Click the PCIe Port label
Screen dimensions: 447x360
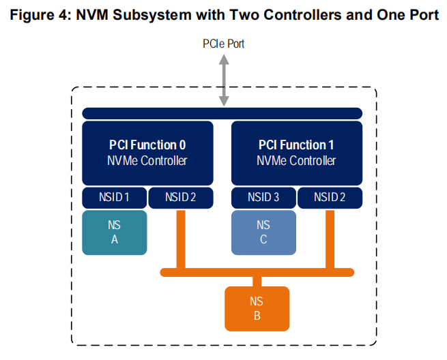(x=223, y=44)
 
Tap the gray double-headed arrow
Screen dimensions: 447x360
(x=224, y=80)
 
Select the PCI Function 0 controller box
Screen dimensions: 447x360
(x=147, y=153)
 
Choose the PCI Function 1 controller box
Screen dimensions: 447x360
(x=297, y=153)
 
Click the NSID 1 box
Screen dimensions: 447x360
(x=115, y=198)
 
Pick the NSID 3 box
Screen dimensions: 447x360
(x=263, y=198)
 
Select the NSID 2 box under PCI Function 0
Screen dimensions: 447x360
(x=181, y=198)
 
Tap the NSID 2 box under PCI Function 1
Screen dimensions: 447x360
(x=330, y=198)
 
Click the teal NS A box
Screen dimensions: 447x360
(x=115, y=232)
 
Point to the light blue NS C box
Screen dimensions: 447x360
(x=263, y=232)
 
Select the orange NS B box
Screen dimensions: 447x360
(x=257, y=309)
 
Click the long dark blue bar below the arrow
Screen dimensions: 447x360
(x=222, y=113)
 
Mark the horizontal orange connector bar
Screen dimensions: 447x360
(x=257, y=272)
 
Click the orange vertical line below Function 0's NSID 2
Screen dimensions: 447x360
(x=181, y=239)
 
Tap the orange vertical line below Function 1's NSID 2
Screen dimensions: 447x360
(x=330, y=239)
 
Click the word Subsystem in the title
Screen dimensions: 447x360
(x=152, y=16)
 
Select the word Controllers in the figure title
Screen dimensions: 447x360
(x=302, y=15)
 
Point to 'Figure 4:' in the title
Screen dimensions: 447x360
(x=40, y=15)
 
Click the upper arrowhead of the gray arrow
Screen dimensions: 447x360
(x=224, y=59)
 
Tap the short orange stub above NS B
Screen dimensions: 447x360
(x=257, y=282)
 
